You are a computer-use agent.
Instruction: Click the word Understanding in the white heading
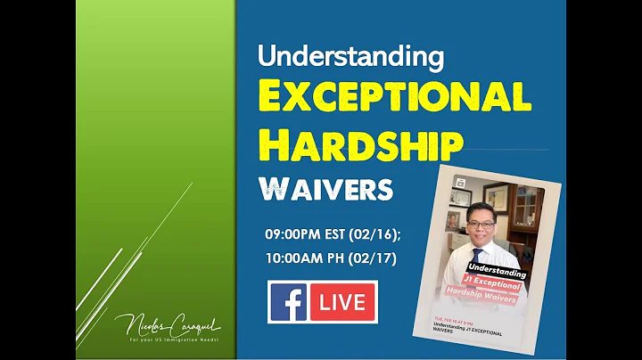[350, 56]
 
